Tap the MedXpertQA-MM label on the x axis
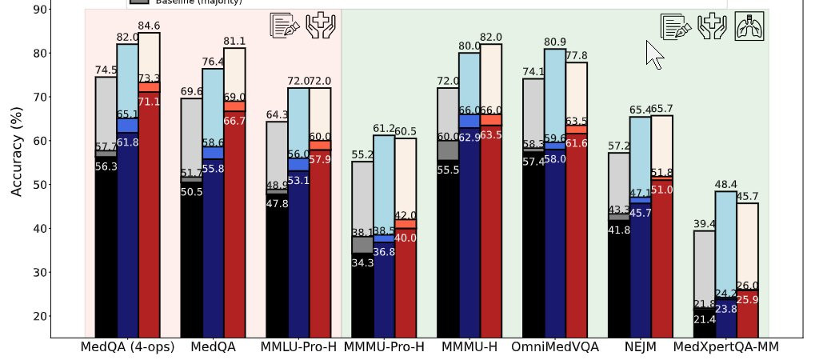point(725,348)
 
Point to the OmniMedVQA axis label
point(555,348)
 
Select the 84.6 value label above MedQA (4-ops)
point(149,26)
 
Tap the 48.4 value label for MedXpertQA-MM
point(726,185)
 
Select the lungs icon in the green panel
point(749,26)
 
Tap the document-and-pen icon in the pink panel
point(285,26)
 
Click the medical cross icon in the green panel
point(711,26)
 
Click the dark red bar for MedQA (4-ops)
point(149,216)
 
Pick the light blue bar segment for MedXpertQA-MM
point(725,240)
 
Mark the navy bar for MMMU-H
point(469,232)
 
